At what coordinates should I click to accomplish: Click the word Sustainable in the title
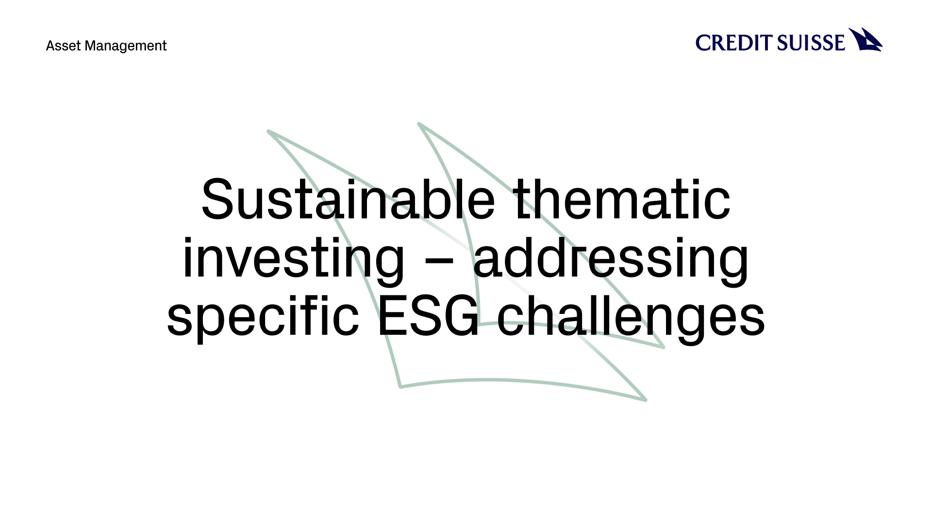point(348,199)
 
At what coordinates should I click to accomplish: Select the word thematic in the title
point(622,199)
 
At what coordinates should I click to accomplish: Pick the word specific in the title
point(263,316)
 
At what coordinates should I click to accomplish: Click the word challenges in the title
point(631,316)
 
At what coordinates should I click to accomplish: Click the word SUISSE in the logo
point(811,43)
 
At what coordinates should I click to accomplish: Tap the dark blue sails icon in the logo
point(865,40)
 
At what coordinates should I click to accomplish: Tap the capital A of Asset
point(50,46)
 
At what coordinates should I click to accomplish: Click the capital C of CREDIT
point(703,43)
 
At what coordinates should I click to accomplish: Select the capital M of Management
point(91,46)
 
